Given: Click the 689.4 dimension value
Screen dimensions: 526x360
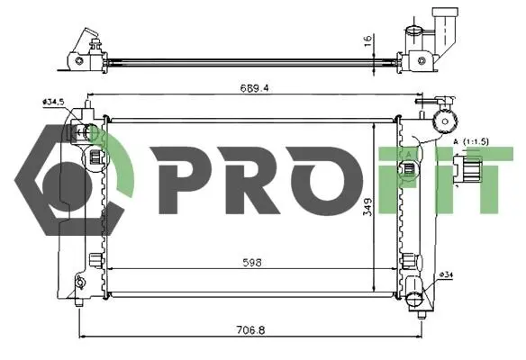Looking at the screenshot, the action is [x=254, y=88].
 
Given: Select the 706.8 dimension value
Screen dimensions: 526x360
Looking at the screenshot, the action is [x=250, y=330].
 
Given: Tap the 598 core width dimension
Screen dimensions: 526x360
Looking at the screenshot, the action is [x=252, y=263].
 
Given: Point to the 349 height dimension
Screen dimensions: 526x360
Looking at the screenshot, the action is [x=367, y=207].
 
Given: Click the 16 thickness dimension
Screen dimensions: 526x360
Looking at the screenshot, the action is [x=368, y=40].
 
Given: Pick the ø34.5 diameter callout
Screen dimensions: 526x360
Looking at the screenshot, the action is [x=53, y=102].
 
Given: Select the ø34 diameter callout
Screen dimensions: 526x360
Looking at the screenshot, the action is [x=446, y=274].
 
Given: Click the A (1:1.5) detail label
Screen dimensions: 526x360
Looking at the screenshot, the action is [x=471, y=142].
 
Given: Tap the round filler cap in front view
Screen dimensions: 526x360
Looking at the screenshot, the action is [x=446, y=121].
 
